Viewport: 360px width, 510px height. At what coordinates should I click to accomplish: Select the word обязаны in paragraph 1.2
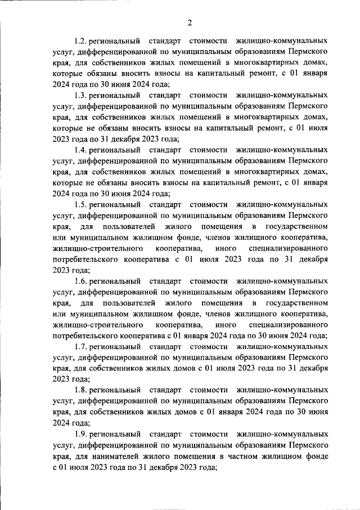pos(102,74)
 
